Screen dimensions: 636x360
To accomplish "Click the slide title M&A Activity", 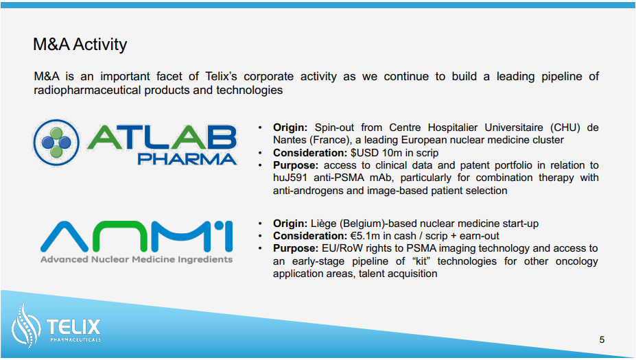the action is [x=80, y=45].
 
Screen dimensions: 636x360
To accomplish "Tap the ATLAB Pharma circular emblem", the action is [x=56, y=143].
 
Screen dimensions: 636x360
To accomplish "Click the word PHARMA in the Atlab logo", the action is [x=187, y=159].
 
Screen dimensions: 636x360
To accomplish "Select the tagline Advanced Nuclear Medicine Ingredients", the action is [x=137, y=259].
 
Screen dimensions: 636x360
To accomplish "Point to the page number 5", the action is [x=602, y=339].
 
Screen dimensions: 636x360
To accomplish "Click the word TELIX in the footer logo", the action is [x=73, y=327].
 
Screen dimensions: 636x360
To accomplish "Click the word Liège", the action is [x=324, y=224].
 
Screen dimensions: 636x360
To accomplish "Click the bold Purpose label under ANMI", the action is [x=296, y=248].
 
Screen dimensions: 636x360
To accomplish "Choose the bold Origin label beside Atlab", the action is [x=290, y=128].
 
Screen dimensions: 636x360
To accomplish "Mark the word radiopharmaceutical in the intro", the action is [x=88, y=90].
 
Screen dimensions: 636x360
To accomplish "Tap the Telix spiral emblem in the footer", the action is [x=26, y=326].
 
